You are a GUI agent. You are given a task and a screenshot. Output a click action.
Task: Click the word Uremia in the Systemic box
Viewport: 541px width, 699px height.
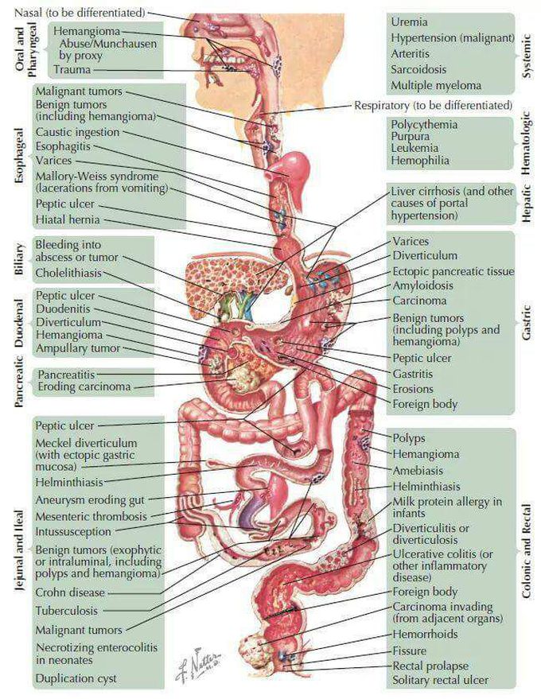click(x=409, y=21)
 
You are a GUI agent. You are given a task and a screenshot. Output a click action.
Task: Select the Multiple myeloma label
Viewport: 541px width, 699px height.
click(x=436, y=85)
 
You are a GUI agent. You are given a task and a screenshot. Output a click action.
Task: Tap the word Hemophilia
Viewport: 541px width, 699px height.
click(x=420, y=161)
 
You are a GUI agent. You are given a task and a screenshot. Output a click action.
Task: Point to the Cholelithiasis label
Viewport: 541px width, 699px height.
click(x=68, y=273)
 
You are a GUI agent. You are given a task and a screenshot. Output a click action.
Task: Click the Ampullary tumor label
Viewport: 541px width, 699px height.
click(x=78, y=348)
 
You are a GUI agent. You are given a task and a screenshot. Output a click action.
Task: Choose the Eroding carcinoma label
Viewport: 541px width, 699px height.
click(x=84, y=386)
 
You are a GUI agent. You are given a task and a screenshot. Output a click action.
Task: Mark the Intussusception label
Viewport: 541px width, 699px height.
click(x=73, y=532)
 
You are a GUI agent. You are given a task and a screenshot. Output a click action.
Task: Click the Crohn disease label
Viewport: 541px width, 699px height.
click(x=70, y=593)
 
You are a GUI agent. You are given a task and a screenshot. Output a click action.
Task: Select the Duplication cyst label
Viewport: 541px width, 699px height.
click(x=76, y=678)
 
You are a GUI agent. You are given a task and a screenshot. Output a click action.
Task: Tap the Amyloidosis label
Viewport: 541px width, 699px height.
click(x=422, y=285)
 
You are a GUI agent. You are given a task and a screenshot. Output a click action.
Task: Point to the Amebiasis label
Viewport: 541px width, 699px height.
click(x=418, y=471)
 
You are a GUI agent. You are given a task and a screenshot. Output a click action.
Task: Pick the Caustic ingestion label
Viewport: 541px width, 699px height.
click(x=78, y=132)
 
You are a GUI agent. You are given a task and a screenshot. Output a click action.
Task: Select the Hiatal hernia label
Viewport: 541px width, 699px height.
click(x=68, y=219)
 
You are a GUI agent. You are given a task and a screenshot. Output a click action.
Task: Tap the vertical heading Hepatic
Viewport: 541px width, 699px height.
click(x=527, y=204)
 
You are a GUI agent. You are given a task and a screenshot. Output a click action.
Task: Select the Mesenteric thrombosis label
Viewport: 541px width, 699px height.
click(x=91, y=517)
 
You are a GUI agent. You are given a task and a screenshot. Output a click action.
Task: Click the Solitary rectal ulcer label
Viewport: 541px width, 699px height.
click(x=440, y=681)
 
